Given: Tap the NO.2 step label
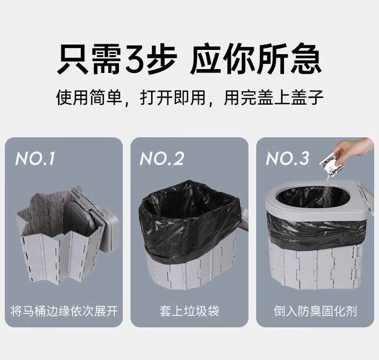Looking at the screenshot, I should point(162,158).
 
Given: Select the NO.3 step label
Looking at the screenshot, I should point(288,158).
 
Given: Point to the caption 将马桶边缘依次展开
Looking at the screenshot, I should point(64,311).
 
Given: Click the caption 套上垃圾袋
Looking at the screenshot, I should point(189,311).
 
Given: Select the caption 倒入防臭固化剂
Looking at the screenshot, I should point(315,311).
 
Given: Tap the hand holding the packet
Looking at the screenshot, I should point(355,151).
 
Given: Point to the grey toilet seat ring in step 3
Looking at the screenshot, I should point(278,202).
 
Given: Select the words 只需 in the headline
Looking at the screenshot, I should point(89,60).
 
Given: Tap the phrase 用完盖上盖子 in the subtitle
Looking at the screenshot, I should point(274,98).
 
